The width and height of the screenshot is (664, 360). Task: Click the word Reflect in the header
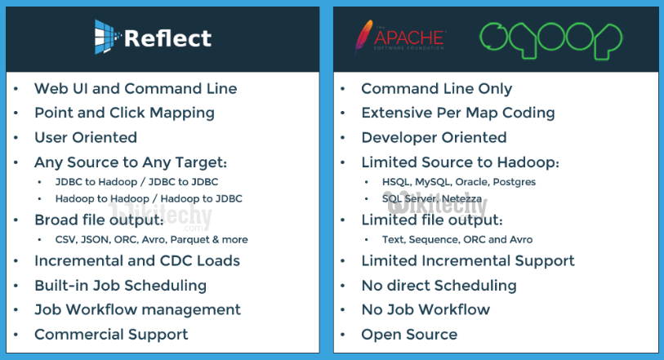[167, 38]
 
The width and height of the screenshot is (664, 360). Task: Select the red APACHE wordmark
[409, 38]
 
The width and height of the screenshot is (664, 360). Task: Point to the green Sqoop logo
[550, 40]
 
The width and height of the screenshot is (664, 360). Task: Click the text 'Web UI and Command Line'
[136, 88]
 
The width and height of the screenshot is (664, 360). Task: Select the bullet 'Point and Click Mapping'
[124, 113]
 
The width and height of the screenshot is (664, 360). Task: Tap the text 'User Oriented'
[86, 137]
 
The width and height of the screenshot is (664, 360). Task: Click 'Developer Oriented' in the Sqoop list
[434, 137]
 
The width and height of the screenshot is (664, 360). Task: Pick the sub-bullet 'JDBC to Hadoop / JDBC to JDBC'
[136, 182]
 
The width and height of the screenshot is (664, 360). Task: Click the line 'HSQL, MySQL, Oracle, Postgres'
[459, 182]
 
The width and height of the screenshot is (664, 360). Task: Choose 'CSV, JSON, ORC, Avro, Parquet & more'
[152, 239]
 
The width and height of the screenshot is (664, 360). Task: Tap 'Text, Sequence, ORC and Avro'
[457, 239]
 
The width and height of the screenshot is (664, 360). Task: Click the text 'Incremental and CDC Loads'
[137, 260]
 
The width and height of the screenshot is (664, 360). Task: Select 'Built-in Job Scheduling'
[120, 286]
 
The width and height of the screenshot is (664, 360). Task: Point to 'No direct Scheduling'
[439, 286]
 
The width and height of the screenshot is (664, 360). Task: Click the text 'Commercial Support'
[111, 335]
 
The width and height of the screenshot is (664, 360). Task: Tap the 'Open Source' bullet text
[409, 335]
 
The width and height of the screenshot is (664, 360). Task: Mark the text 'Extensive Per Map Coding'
[458, 113]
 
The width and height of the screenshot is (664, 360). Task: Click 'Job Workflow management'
[138, 309]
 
